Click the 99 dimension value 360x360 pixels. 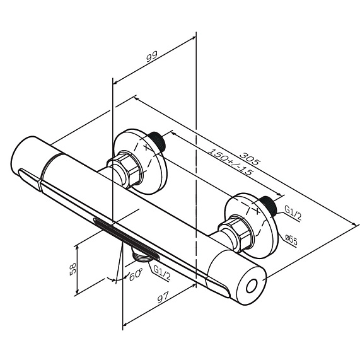point(152,57)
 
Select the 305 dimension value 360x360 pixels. point(250,158)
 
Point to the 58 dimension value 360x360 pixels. point(73,269)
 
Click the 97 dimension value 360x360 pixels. point(163,297)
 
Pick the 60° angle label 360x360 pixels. point(136,275)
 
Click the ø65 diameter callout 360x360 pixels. point(291,240)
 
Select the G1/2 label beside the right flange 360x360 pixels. point(293,212)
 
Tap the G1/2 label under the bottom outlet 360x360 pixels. point(162,273)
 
